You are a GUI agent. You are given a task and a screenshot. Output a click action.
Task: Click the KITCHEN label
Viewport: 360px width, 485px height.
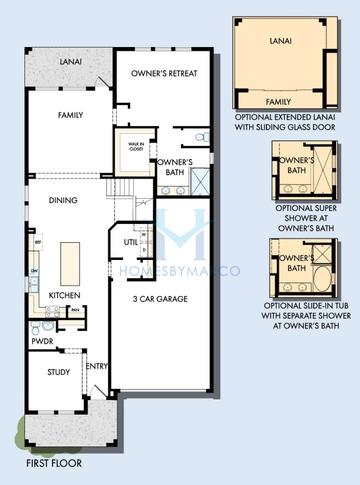click(x=64, y=295)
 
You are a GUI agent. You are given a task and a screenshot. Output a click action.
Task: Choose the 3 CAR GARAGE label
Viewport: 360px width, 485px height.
click(x=162, y=299)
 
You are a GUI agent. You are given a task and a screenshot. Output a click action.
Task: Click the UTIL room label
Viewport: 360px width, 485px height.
click(x=131, y=242)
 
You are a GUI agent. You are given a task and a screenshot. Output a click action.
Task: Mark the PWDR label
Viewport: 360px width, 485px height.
click(x=41, y=340)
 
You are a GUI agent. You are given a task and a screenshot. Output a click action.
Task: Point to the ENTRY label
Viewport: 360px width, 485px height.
click(x=98, y=366)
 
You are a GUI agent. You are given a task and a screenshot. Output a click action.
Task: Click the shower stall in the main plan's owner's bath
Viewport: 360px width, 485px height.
click(x=199, y=182)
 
